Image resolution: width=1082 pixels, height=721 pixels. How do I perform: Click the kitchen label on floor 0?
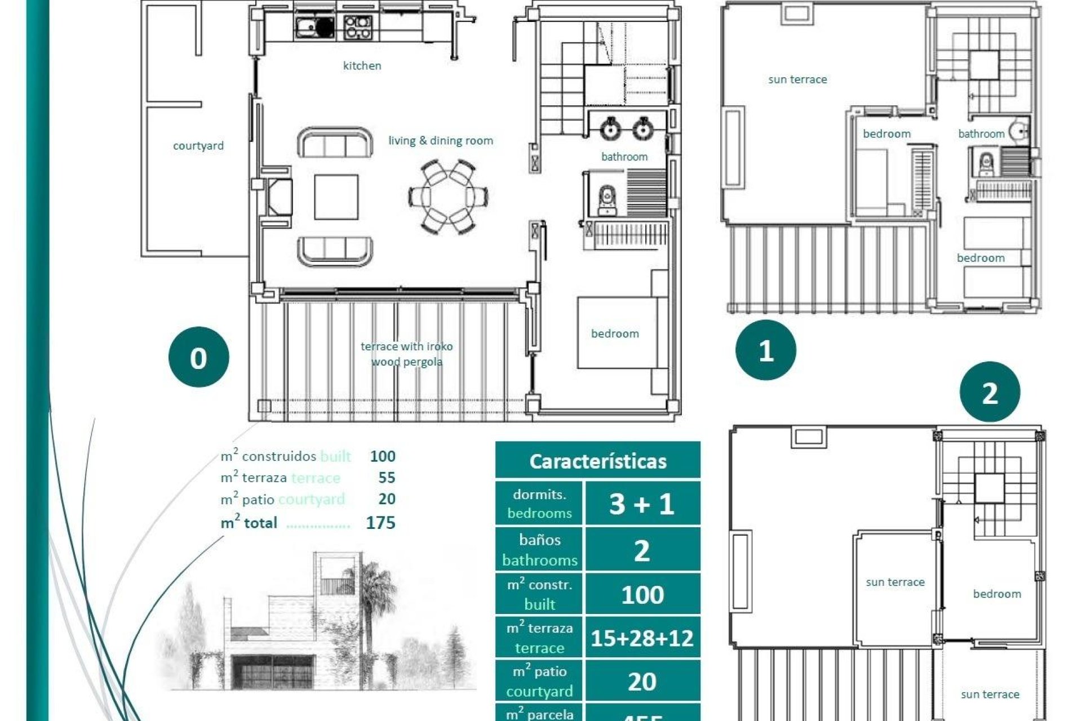tap(362, 66)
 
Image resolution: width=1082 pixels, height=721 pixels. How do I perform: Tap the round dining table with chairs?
tap(449, 197)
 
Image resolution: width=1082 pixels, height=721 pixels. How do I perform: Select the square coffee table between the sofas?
tap(336, 197)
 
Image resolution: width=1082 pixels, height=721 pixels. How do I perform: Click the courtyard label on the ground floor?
tap(198, 146)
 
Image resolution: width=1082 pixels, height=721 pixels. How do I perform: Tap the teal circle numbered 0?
tap(198, 357)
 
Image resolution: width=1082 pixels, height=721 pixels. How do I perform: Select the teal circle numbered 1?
tap(765, 350)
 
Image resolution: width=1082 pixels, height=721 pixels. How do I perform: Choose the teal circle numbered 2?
tap(990, 392)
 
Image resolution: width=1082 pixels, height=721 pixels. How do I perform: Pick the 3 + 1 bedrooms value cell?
tap(642, 504)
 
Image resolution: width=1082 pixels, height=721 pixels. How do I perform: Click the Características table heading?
tap(597, 461)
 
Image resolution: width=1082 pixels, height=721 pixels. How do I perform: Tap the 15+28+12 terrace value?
tap(642, 638)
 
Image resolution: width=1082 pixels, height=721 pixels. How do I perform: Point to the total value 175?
tap(380, 523)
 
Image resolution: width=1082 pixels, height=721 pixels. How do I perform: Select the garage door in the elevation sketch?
tap(273, 673)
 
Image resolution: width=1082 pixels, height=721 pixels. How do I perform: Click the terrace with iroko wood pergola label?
tap(406, 354)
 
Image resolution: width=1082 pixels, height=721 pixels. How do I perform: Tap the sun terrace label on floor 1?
tap(797, 80)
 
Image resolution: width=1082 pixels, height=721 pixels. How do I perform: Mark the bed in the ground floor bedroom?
tap(617, 333)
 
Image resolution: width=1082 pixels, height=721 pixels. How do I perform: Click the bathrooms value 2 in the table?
tap(642, 550)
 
